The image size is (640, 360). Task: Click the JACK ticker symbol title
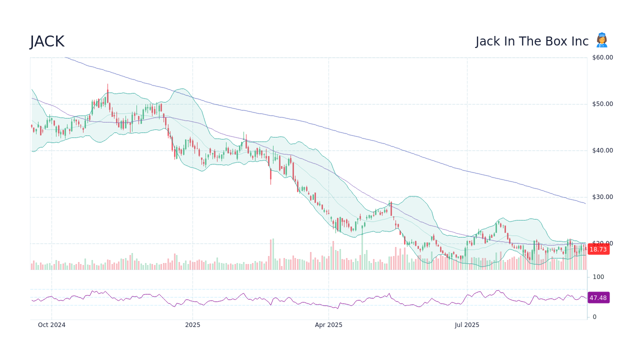point(47,41)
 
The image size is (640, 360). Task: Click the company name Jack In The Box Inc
point(532,41)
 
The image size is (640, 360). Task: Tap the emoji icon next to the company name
point(601,40)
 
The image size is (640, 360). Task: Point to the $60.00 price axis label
point(602,57)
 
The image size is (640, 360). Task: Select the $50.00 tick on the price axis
point(602,104)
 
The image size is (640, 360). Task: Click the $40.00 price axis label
point(602,150)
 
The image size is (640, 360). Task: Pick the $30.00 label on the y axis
point(602,197)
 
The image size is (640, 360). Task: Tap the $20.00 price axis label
point(602,243)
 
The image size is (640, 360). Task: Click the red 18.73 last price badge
point(598,249)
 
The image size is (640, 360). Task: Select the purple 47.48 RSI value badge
point(598,297)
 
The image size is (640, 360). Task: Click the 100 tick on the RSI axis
point(598,277)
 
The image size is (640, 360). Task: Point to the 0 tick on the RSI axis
point(594,317)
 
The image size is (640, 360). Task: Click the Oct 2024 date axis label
point(51,325)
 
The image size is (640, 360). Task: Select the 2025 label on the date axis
point(192,325)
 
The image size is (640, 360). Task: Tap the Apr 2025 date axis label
point(328,325)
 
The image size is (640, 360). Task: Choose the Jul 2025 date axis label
point(467,325)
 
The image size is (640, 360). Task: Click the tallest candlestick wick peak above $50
point(107,85)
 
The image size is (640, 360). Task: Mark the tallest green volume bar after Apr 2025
point(362,250)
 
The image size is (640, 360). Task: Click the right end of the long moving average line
point(585,203)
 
